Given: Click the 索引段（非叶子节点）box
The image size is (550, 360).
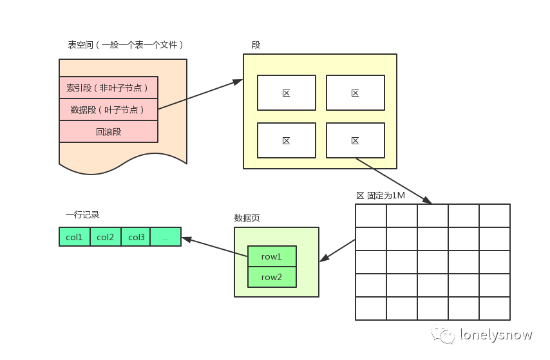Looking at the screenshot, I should [x=108, y=88].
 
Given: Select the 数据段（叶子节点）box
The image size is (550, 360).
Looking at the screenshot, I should [x=108, y=109].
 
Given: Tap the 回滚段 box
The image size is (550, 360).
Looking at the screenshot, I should [x=108, y=131].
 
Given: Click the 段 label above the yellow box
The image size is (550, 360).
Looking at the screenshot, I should [x=256, y=45].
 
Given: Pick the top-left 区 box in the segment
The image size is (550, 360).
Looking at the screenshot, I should [x=287, y=93].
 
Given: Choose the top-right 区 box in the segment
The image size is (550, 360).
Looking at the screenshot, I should [x=355, y=93].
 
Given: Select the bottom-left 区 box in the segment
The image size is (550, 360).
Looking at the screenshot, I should [x=287, y=140].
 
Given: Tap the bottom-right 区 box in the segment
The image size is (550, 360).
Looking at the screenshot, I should [x=355, y=140].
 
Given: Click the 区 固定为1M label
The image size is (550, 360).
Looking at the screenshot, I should [x=381, y=195].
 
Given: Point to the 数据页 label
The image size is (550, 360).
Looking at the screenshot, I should [x=247, y=218].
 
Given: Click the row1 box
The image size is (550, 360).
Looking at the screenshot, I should [x=272, y=256].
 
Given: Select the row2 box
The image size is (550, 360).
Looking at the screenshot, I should [x=272, y=277].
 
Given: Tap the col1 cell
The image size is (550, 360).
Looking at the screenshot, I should [x=75, y=237].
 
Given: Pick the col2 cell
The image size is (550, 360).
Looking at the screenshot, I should [x=106, y=237].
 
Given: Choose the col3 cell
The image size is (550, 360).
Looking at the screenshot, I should [x=136, y=237].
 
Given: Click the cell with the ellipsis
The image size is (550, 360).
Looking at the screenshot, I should [x=166, y=237].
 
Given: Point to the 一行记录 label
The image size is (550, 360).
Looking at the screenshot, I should [x=82, y=214].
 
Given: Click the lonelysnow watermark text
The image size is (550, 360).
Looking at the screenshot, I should [x=496, y=334].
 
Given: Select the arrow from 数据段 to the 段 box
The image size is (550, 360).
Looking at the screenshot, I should [x=200, y=95].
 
